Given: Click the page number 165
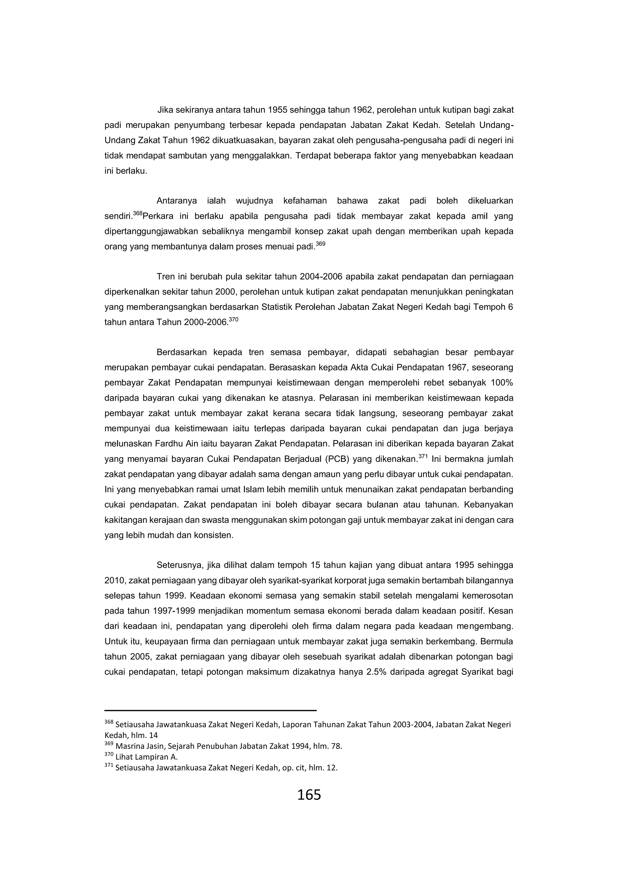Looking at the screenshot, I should pyautogui.click(x=309, y=795).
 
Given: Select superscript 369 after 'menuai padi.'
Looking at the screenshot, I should pyautogui.click(x=320, y=244).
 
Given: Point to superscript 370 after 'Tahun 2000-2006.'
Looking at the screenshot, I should pyautogui.click(x=233, y=319).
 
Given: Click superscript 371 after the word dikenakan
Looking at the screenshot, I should pyautogui.click(x=422, y=456).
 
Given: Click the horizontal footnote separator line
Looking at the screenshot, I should pyautogui.click(x=210, y=710).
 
